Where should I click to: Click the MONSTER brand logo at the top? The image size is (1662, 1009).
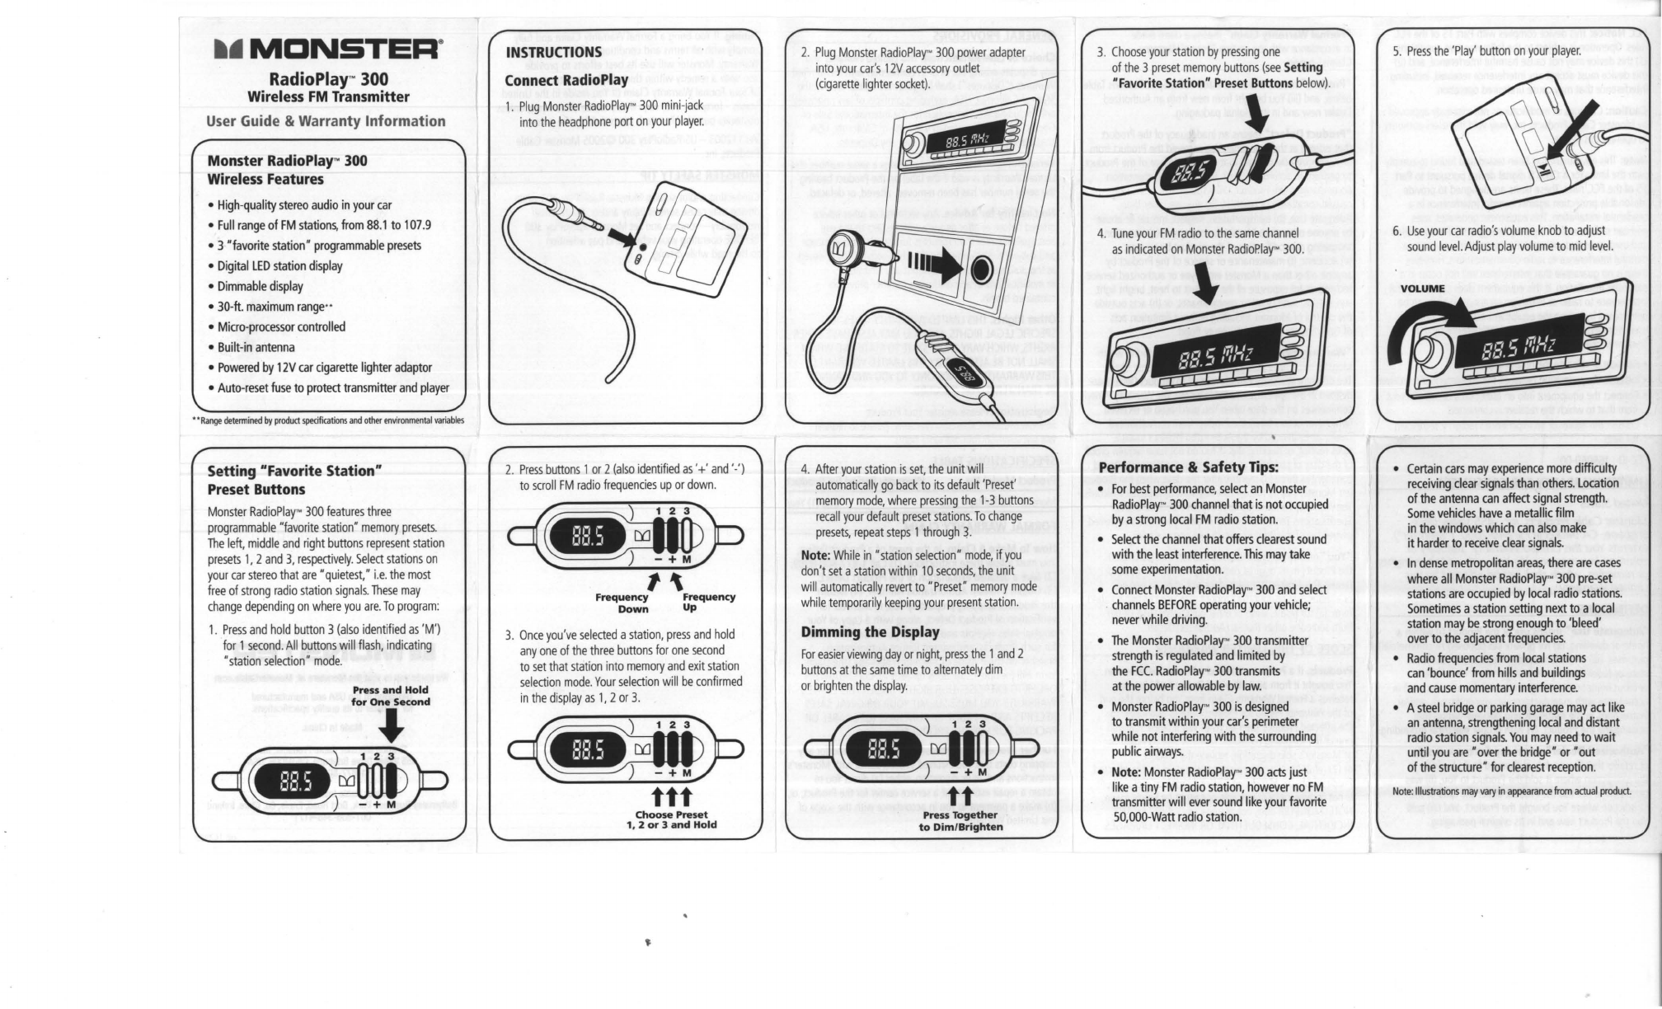coord(328,52)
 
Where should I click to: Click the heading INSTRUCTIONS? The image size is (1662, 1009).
coord(553,53)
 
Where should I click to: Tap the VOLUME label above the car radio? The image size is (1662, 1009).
coord(1422,289)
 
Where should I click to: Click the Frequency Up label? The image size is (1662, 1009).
coord(708,602)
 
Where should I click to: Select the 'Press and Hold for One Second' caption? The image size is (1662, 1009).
coord(391,697)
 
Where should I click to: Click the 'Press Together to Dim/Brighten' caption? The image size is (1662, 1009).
coord(960,821)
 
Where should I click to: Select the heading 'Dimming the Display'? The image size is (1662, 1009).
coord(870,632)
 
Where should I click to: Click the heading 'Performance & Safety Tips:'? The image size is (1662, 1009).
coord(1188,467)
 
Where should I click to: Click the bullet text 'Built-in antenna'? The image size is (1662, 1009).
coord(256,347)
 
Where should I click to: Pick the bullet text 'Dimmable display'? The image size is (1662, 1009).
coord(260,286)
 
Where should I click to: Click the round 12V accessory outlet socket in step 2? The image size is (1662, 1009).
coord(981,270)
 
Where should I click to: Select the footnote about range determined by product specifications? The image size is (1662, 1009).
coord(328,420)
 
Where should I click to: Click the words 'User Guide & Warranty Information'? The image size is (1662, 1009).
coord(326,121)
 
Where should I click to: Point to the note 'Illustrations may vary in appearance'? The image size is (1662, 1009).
coord(1511,791)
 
